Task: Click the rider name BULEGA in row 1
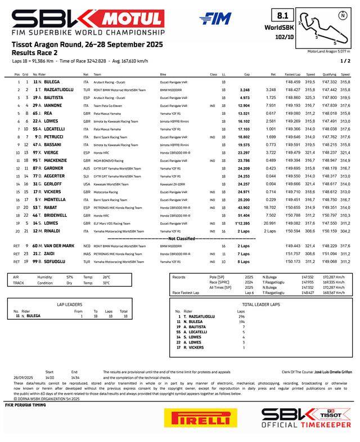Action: (53, 82)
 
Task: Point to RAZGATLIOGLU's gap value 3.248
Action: (244, 90)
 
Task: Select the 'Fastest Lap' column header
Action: (292, 74)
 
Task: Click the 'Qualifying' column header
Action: (329, 74)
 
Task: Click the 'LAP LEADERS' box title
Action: (70, 303)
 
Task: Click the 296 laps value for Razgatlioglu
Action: (241, 316)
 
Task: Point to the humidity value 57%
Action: (70, 277)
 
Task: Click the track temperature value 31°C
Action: (106, 283)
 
